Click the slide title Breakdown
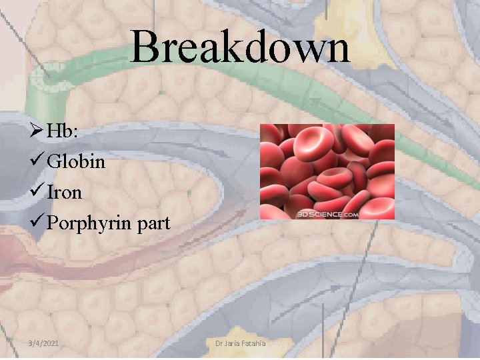tap(240, 48)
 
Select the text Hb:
tap(63, 131)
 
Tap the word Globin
tap(76, 161)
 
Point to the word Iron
tap(65, 193)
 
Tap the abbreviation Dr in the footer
tap(219, 343)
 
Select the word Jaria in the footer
tap(232, 343)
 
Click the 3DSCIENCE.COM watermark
tap(327, 214)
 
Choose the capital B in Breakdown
tap(143, 48)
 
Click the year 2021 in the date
tap(50, 343)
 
